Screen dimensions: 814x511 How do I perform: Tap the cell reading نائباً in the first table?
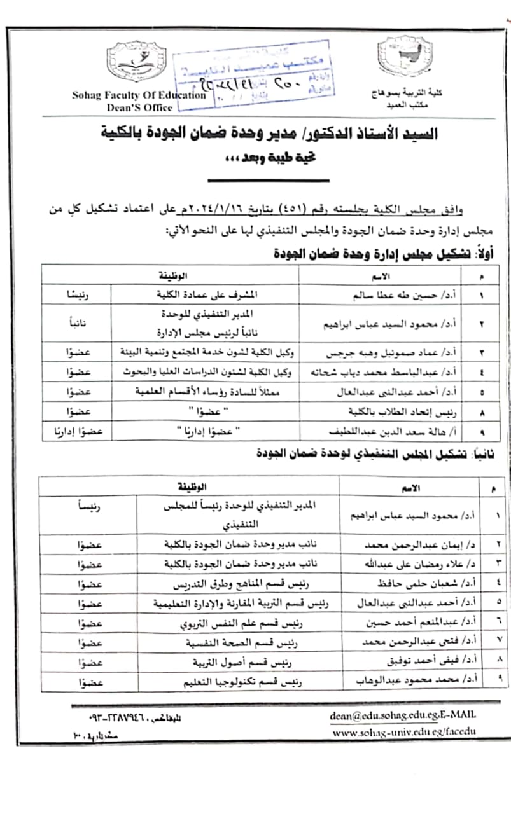click(x=76, y=323)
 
